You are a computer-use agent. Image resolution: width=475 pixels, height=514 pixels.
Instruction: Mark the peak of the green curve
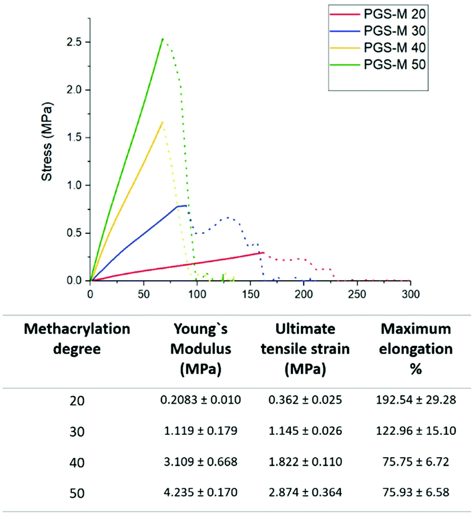pos(162,39)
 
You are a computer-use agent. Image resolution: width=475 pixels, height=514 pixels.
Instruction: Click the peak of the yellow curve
pos(163,122)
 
